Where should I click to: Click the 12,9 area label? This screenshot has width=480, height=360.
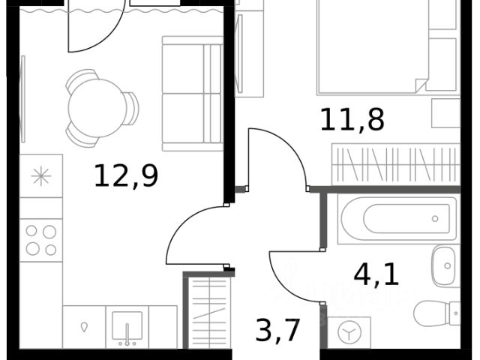click(x=126, y=175)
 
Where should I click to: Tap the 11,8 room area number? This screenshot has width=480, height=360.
click(x=352, y=120)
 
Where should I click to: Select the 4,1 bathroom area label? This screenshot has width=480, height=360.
click(x=376, y=275)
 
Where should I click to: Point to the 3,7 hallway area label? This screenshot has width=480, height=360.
click(x=277, y=331)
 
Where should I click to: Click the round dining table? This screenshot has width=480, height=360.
click(x=97, y=108)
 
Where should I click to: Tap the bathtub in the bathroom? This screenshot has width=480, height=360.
click(x=397, y=218)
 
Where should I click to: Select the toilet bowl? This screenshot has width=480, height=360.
click(x=436, y=313)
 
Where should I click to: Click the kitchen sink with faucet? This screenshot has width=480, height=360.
click(x=127, y=327)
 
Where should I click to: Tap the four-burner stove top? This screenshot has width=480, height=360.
click(x=41, y=240)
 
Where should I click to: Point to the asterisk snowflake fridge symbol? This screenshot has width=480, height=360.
click(x=41, y=176)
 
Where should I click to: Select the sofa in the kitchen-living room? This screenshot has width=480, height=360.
click(x=193, y=93)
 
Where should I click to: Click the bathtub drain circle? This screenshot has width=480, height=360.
click(x=435, y=219)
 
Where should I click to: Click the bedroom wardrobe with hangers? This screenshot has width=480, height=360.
click(x=396, y=164)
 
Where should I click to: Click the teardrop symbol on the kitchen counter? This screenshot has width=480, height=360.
click(x=84, y=327)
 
